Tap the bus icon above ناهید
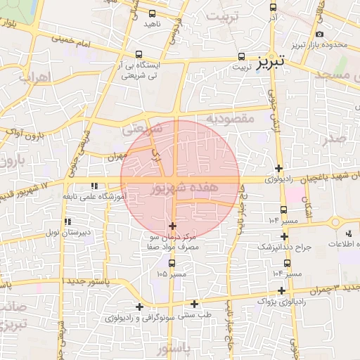[x=153, y=13]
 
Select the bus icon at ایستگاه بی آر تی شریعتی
[x=139, y=54]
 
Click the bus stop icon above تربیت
[x=242, y=56]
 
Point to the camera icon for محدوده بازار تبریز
[x=320, y=34]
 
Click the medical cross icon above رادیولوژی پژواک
[x=281, y=290]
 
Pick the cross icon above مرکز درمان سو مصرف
[x=173, y=226]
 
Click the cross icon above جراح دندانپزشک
[x=284, y=236]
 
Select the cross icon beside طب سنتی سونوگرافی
[x=139, y=306]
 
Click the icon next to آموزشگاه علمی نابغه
[x=94, y=186]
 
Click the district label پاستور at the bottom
[x=173, y=349]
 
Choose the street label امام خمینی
[x=75, y=44]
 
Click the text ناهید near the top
[x=153, y=24]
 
